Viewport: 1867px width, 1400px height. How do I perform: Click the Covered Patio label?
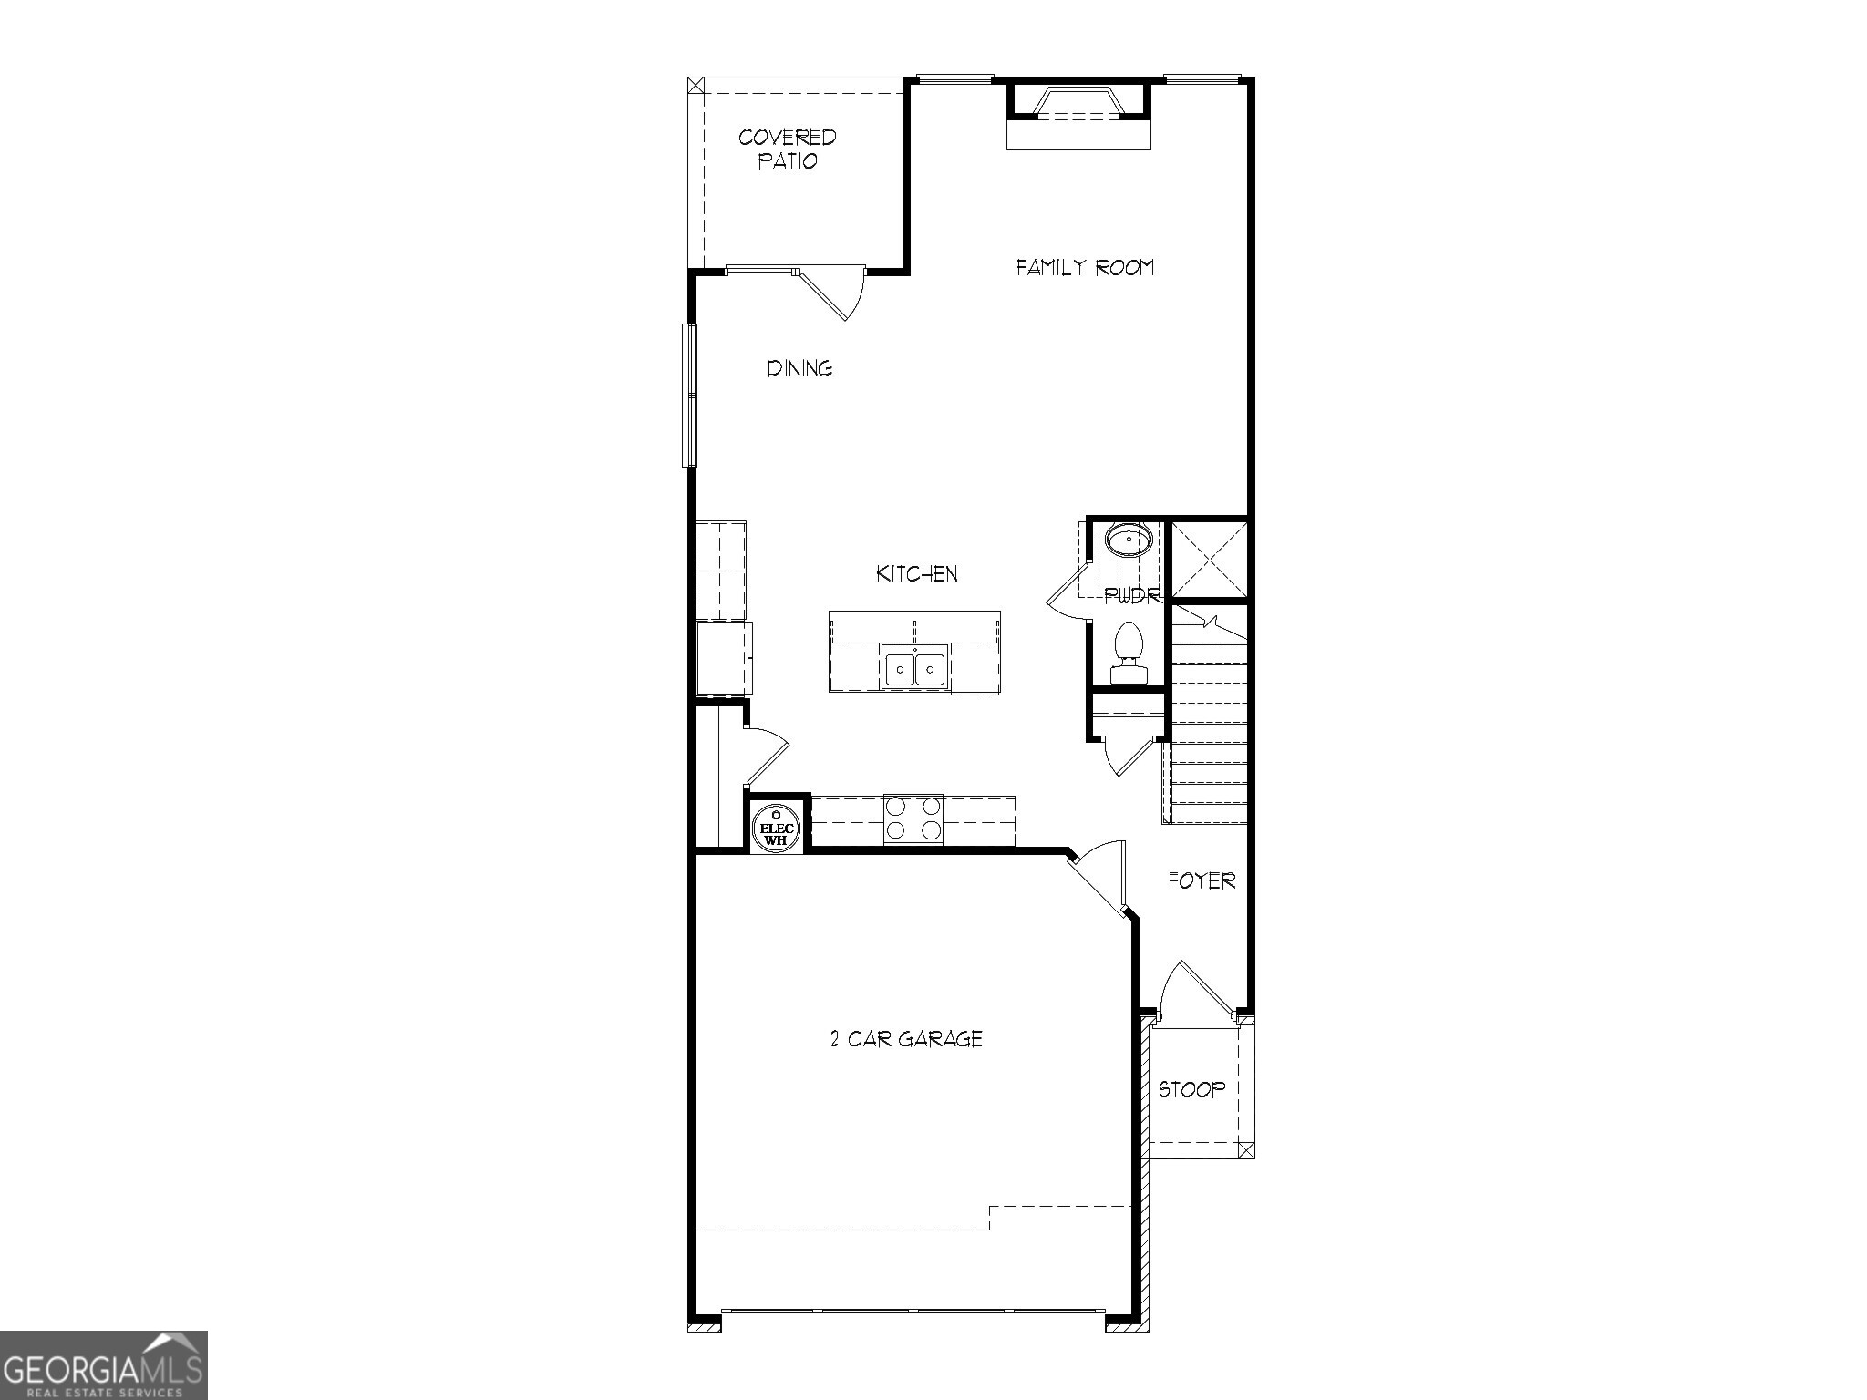click(x=787, y=149)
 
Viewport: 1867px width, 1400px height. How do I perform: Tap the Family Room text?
click(x=1085, y=267)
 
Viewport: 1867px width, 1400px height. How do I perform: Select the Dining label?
click(x=799, y=368)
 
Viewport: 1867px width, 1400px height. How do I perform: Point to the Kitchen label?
click(x=917, y=573)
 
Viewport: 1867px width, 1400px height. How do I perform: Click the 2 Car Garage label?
click(x=906, y=1038)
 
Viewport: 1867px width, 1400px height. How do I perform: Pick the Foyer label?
click(x=1202, y=880)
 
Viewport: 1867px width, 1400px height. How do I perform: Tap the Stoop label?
click(x=1191, y=1089)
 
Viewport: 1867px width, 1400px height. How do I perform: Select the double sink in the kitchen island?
click(x=915, y=669)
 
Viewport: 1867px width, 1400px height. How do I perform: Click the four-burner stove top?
click(x=913, y=818)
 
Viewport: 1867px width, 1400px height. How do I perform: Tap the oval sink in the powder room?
click(x=1129, y=540)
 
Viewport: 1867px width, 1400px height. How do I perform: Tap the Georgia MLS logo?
click(x=103, y=1364)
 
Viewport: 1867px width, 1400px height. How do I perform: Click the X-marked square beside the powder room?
click(x=1208, y=558)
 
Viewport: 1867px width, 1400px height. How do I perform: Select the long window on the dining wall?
click(x=691, y=395)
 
